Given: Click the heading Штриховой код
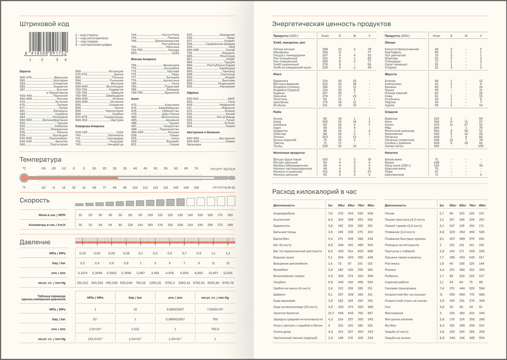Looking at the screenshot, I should (x=44, y=24).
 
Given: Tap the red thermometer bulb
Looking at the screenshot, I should (x=24, y=178).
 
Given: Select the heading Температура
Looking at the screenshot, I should (x=41, y=160).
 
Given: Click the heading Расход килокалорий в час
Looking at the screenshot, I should (x=314, y=191).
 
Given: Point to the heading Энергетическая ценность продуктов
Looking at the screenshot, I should (x=330, y=24).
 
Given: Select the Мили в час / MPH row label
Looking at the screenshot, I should (x=52, y=215).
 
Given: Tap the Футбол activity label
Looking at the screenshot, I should (x=391, y=326).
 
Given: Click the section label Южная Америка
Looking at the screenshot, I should (x=142, y=59).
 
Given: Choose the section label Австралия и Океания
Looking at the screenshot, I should (x=203, y=132).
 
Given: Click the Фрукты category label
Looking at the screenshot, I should (x=391, y=74).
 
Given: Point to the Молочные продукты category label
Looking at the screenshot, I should (x=289, y=153).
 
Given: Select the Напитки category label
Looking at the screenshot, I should (x=391, y=153).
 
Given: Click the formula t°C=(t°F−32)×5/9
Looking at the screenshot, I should (x=223, y=169).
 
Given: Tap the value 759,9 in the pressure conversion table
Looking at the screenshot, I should (x=215, y=329).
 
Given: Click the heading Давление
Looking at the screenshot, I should (x=35, y=242).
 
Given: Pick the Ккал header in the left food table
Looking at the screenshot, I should (x=325, y=36).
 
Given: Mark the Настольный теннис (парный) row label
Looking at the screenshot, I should (x=295, y=338).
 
